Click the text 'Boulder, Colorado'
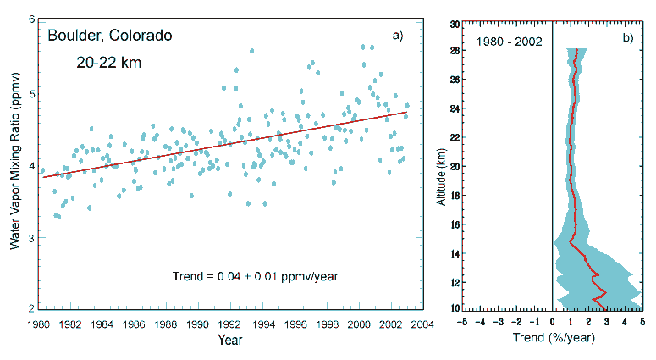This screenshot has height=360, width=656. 110,36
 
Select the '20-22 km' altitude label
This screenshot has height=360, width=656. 106,64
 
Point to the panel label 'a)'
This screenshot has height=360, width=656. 397,36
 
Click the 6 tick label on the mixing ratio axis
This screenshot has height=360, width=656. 31,19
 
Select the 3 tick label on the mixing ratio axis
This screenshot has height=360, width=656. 31,237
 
